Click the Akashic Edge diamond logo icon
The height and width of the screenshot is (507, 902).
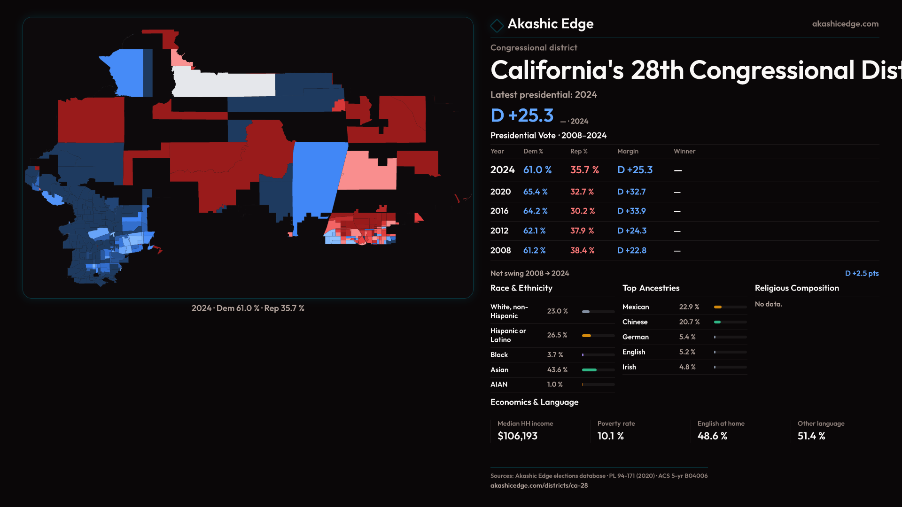[x=497, y=25]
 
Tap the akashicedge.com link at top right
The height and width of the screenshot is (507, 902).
[x=845, y=24]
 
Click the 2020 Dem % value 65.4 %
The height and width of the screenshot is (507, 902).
[x=535, y=192]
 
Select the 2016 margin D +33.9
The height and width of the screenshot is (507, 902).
[x=631, y=211]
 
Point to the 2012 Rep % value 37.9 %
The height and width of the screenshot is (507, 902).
[x=582, y=231]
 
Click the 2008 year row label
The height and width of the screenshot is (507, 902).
[x=500, y=251]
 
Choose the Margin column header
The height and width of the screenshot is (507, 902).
[x=628, y=151]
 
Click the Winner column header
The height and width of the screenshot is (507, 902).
[x=684, y=151]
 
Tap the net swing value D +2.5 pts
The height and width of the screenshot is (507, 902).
[x=862, y=273]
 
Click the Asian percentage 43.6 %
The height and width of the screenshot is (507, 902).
[x=557, y=370]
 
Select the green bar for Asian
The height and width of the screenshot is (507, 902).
[x=589, y=370]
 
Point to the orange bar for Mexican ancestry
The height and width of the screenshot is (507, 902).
[x=717, y=307]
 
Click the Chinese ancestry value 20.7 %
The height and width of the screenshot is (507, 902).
[x=689, y=322]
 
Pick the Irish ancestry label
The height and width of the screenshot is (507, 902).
[x=629, y=367]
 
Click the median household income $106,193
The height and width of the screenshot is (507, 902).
[x=517, y=436]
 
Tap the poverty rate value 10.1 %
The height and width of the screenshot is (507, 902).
[x=610, y=436]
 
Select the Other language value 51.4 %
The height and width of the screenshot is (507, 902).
[x=811, y=436]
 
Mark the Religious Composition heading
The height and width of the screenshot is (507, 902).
[x=796, y=288]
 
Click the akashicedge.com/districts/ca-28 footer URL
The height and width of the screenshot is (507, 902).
[x=539, y=485]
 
